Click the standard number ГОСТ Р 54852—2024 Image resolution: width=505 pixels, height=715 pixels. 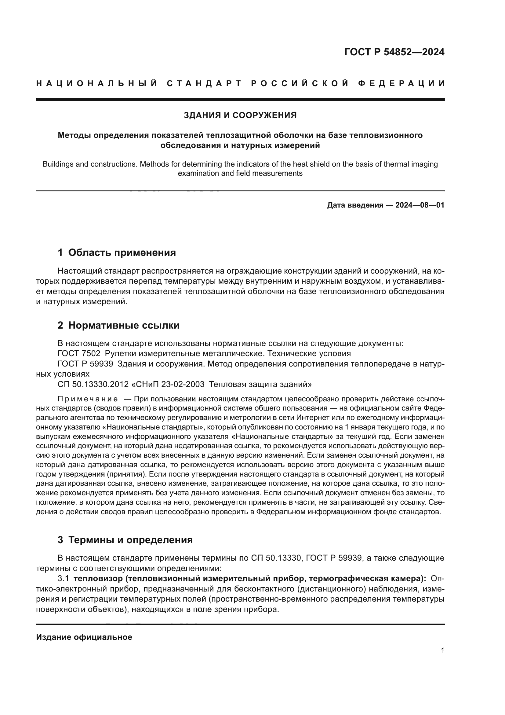point(394,52)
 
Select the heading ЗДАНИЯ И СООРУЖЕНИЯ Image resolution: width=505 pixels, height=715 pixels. point(240,115)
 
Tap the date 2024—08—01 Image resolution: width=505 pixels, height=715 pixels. point(420,205)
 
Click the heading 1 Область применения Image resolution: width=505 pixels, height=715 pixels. point(117,252)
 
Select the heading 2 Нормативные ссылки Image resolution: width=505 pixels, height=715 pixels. point(118,326)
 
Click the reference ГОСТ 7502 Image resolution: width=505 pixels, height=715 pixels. point(79,354)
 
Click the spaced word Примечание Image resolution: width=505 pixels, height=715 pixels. point(88,399)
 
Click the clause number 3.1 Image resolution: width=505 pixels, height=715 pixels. point(63,579)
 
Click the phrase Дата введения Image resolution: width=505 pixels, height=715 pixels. point(355,205)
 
